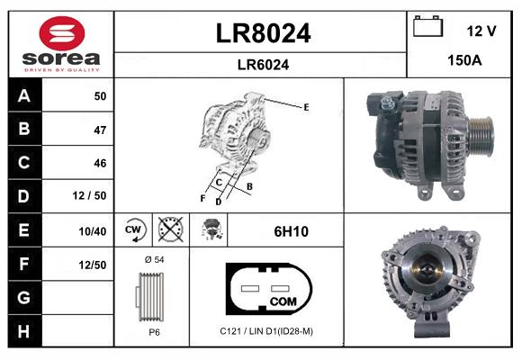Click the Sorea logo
pyautogui.click(x=61, y=43)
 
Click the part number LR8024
pyautogui.click(x=263, y=33)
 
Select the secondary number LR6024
pyautogui.click(x=263, y=64)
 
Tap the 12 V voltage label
pyautogui.click(x=481, y=31)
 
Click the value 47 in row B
pyautogui.click(x=99, y=130)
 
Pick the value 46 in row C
pyautogui.click(x=99, y=163)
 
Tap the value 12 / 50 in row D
pyautogui.click(x=93, y=196)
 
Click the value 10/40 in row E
pyautogui.click(x=93, y=231)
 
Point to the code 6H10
pyautogui.click(x=291, y=231)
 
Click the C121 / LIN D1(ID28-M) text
pyautogui.click(x=266, y=331)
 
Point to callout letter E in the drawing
pyautogui.click(x=306, y=107)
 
